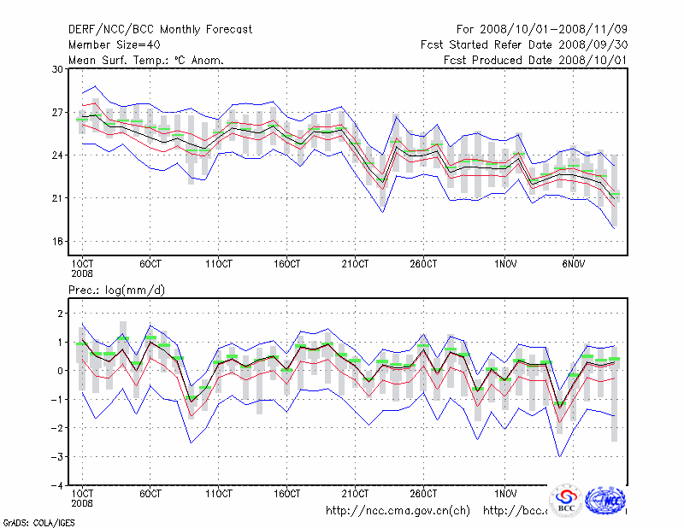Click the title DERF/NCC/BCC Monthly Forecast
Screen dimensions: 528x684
click(x=160, y=30)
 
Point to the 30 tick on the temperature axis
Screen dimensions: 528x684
click(x=58, y=69)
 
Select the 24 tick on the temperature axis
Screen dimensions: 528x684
click(x=58, y=155)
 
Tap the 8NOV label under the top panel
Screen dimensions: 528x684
click(x=574, y=263)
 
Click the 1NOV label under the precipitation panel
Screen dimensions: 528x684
click(x=505, y=494)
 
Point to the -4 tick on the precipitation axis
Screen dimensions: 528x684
click(x=56, y=485)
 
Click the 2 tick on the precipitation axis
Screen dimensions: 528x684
click(x=60, y=314)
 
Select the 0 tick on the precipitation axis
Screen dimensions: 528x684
click(x=60, y=371)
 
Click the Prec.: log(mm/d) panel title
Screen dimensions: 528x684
click(x=116, y=290)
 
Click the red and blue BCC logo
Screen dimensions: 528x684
click(x=566, y=501)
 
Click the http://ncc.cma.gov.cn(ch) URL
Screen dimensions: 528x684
click(x=398, y=511)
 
